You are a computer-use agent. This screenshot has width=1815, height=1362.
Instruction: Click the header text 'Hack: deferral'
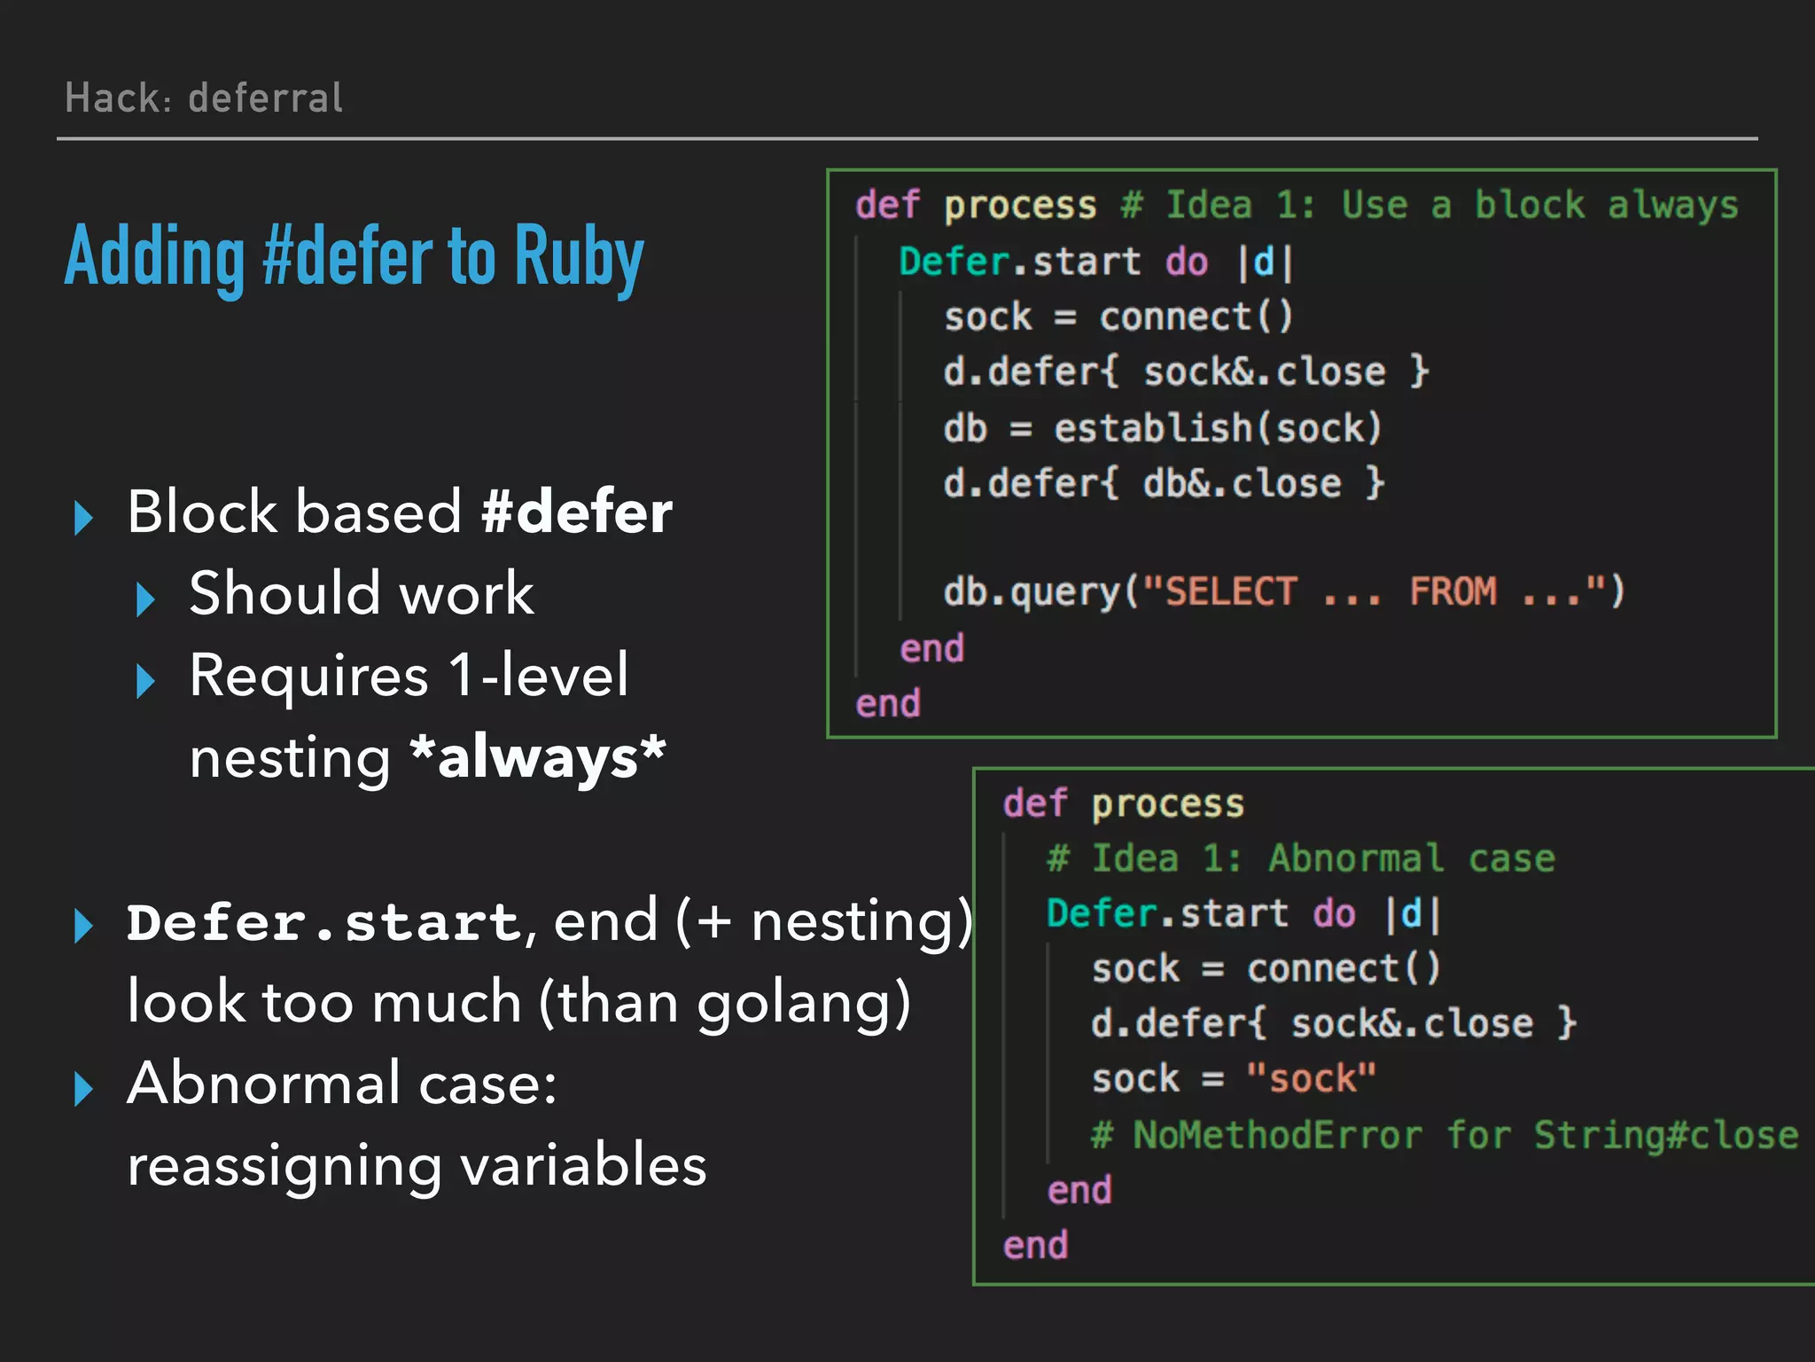[204, 98]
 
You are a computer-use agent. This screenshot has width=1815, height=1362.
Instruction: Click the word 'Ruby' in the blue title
[579, 257]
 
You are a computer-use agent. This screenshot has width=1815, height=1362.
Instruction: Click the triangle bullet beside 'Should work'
[145, 599]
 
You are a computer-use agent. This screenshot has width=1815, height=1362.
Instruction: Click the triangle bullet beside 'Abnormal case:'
[84, 1088]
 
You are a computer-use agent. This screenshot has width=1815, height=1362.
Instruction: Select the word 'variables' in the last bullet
[584, 1165]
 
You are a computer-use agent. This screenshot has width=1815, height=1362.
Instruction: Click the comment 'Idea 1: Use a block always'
[1429, 206]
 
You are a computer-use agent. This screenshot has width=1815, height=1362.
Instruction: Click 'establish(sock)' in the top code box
[1217, 428]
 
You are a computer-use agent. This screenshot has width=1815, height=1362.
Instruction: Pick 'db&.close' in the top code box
[1242, 484]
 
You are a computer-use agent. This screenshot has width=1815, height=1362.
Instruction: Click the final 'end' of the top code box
[888, 704]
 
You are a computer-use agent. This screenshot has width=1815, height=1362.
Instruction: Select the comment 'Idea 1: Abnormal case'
[1300, 859]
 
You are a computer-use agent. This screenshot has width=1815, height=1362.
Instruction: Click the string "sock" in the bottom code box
[1312, 1079]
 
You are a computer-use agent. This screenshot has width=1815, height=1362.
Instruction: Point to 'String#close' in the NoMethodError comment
[1665, 1135]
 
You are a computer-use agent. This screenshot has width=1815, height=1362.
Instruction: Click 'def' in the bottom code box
[1034, 804]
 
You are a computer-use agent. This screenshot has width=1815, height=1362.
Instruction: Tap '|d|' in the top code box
[1265, 262]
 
